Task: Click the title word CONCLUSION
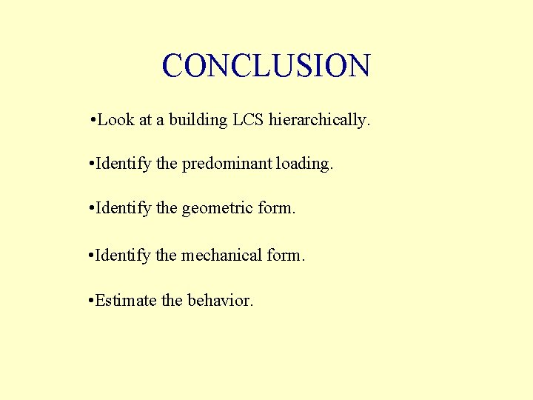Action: (x=266, y=66)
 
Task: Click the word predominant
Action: (x=227, y=164)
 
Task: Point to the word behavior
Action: (x=221, y=300)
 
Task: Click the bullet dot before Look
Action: (x=90, y=120)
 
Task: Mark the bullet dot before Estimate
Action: (x=90, y=301)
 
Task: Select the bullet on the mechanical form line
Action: (x=90, y=256)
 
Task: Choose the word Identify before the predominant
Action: (x=123, y=164)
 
